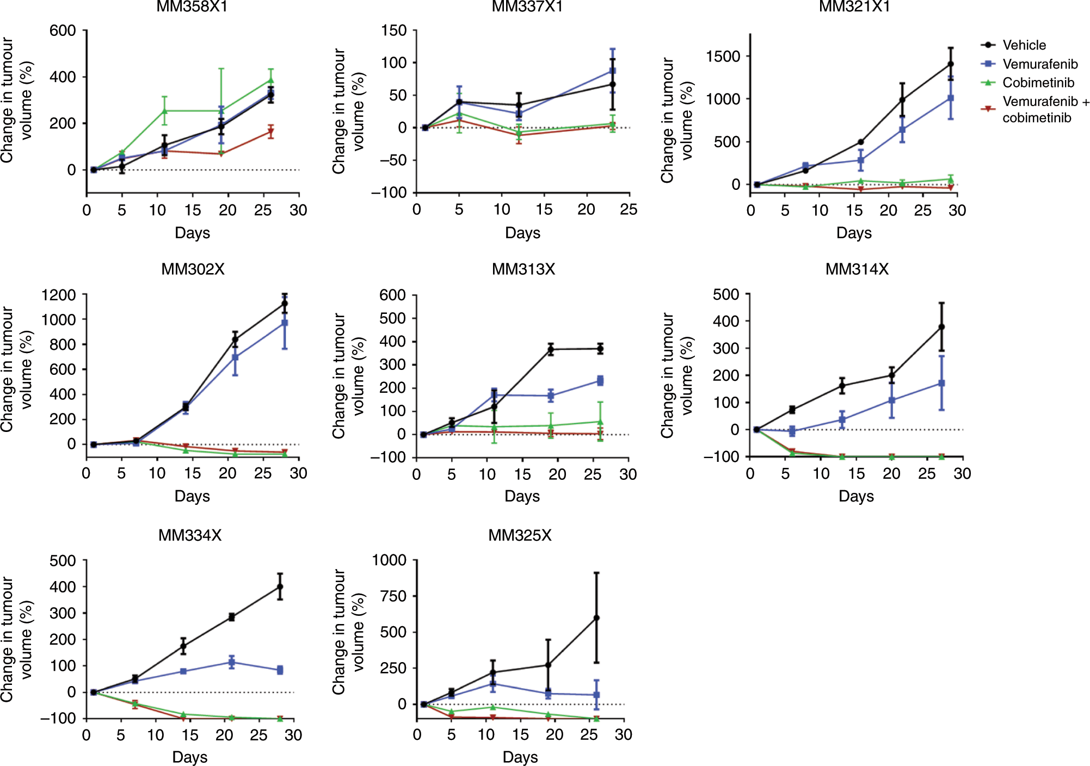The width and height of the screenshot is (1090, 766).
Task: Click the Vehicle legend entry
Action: [x=1024, y=45]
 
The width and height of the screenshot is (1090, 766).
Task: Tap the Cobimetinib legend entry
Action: [x=1038, y=83]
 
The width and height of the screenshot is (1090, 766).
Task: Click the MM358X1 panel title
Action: [x=192, y=7]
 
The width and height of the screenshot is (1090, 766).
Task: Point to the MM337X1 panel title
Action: [x=527, y=7]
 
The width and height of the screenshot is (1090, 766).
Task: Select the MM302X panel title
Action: [x=193, y=269]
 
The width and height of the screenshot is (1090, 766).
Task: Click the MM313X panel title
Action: [x=524, y=269]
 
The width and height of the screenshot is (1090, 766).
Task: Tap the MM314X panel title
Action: [x=857, y=269]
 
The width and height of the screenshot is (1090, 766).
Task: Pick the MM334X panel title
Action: [x=190, y=535]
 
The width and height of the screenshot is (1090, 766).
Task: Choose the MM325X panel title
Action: [x=520, y=535]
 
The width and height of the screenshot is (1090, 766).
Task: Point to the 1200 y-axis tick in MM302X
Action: [x=58, y=295]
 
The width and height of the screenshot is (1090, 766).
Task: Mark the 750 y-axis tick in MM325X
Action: [x=393, y=596]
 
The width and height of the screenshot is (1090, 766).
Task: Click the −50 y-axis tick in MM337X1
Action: [x=389, y=160]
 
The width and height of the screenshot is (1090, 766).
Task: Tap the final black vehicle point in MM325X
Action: [x=596, y=618]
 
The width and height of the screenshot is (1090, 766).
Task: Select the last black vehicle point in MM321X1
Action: [x=951, y=64]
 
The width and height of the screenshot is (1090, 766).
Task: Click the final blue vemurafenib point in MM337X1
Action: [x=613, y=71]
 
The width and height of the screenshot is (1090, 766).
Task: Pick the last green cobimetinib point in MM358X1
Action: [x=270, y=81]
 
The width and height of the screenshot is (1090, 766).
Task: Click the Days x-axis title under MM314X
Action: [x=856, y=496]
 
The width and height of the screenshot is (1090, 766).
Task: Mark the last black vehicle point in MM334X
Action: [x=280, y=587]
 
